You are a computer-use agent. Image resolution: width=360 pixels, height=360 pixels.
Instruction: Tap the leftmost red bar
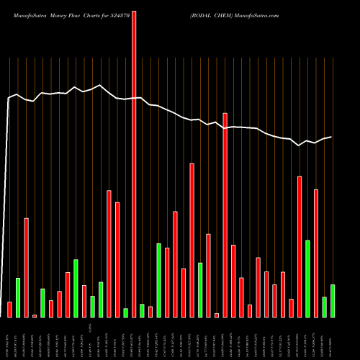(x=9, y=310)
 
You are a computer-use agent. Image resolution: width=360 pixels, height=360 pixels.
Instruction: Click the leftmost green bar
(x=18, y=297)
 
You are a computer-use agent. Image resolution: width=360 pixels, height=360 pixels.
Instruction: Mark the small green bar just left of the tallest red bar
(x=126, y=312)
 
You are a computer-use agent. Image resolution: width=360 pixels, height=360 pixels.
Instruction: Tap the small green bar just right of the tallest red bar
(x=143, y=310)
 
